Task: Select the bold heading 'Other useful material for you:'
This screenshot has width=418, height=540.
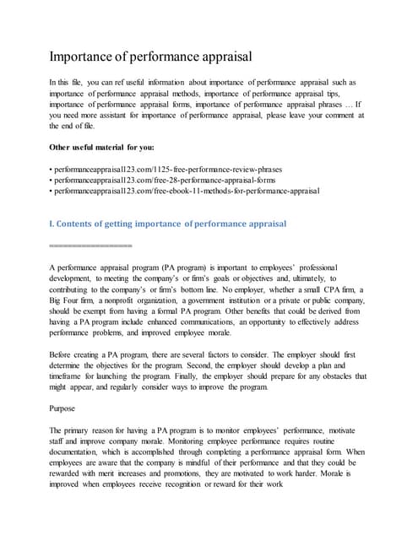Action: pos(102,147)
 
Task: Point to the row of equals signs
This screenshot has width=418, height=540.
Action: pos(90,246)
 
